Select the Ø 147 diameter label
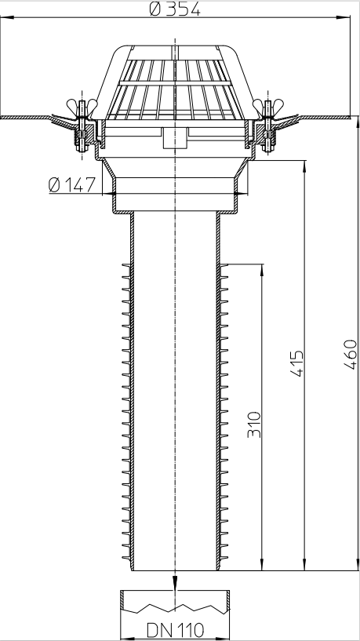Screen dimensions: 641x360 (x=71, y=185)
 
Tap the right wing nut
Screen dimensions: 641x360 (x=269, y=106)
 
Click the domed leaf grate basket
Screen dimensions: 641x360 (x=175, y=82)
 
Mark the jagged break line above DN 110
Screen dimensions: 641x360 (x=175, y=606)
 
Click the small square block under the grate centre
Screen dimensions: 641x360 (x=175, y=139)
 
